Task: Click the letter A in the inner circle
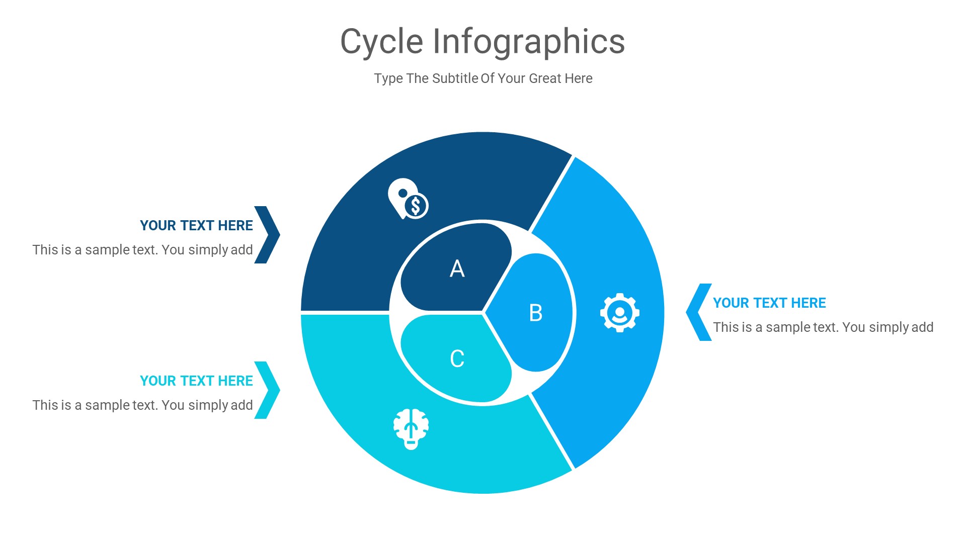point(457,268)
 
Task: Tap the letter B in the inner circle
point(536,313)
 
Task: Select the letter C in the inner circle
point(457,358)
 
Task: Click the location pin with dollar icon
point(407,199)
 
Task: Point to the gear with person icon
point(620,313)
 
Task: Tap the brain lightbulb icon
point(411,429)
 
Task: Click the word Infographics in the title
point(528,41)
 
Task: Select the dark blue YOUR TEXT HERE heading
point(196,225)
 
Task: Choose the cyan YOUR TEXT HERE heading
point(196,381)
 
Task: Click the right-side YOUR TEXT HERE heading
point(769,303)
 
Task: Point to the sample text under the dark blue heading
point(142,250)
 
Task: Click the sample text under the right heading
point(823,327)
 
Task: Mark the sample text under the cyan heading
point(142,405)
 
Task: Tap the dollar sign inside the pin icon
point(416,206)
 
